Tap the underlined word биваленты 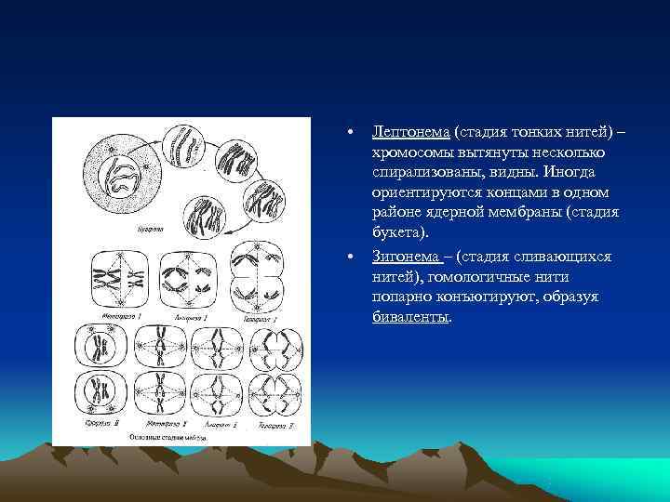tap(410, 317)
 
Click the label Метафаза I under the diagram tap(108, 318)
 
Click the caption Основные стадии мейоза tap(181, 437)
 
